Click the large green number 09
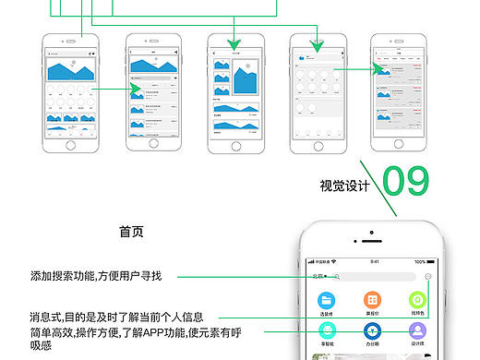406,180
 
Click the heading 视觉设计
345,186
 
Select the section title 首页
131,233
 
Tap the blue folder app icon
327,300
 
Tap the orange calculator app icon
372,300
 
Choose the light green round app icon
417,300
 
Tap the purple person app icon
417,330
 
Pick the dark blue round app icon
372,330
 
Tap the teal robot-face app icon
327,330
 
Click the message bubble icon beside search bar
429,276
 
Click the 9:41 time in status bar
374,261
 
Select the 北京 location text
319,276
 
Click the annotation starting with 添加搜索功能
95,275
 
